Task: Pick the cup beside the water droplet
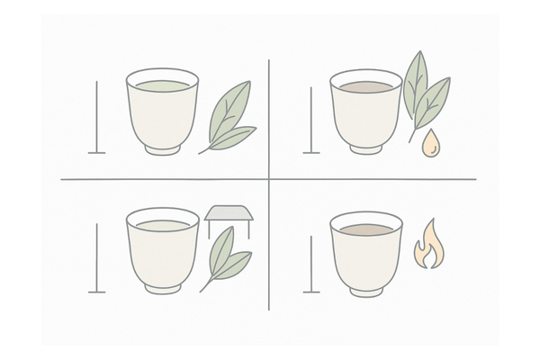click(x=365, y=112)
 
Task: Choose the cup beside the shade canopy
click(x=162, y=252)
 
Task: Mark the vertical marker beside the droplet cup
click(x=311, y=117)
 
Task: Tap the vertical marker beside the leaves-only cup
click(x=96, y=117)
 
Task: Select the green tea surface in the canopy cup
click(x=162, y=221)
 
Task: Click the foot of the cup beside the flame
click(x=365, y=291)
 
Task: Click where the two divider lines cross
click(x=269, y=179)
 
